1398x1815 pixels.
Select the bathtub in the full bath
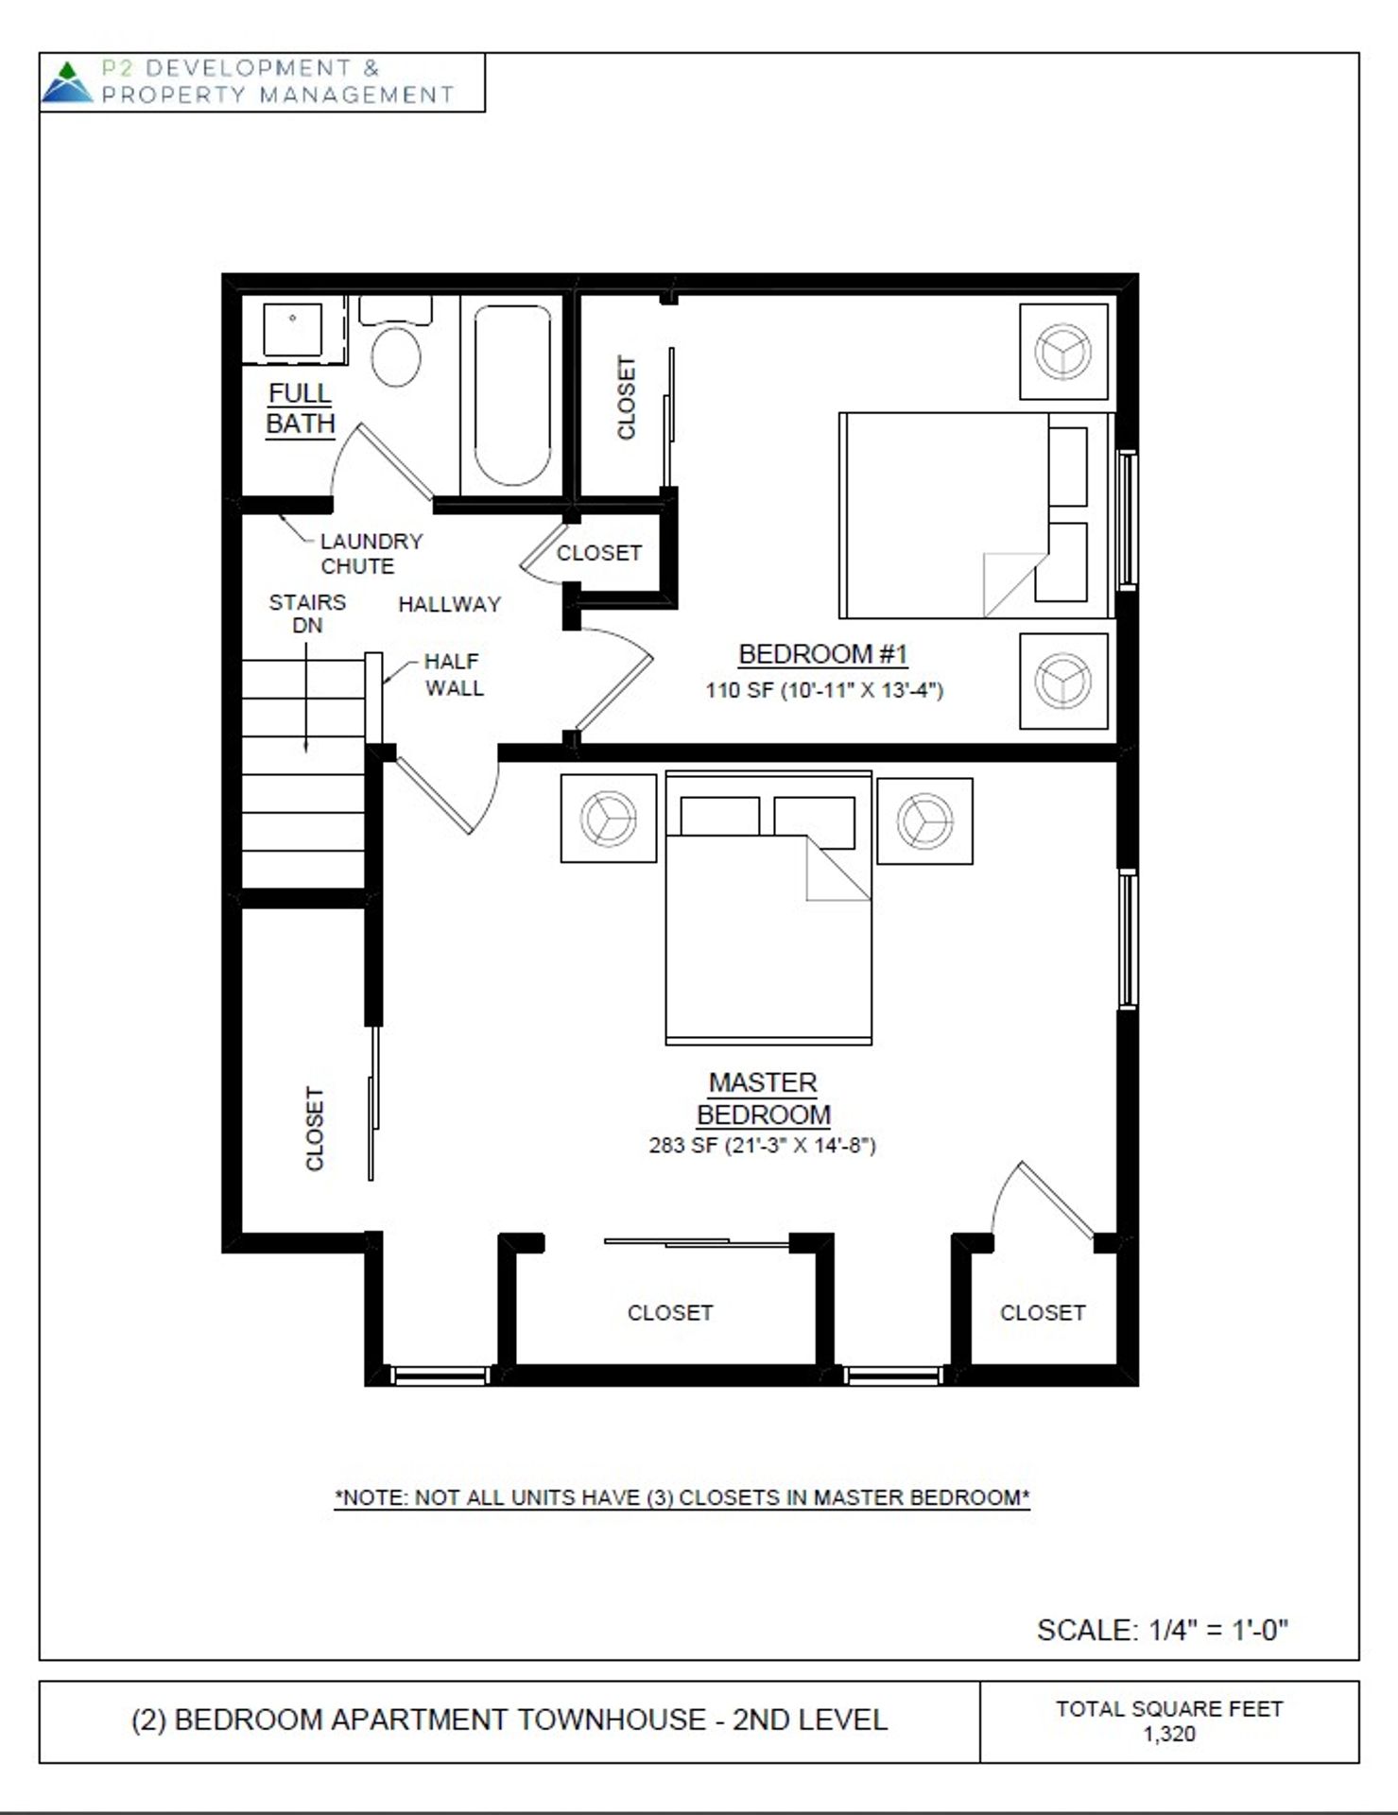(512, 394)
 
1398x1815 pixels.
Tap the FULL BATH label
(301, 408)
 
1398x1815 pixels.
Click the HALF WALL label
(454, 675)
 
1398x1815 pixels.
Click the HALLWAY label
(449, 605)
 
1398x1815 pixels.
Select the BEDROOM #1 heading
(823, 654)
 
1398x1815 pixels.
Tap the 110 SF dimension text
(824, 690)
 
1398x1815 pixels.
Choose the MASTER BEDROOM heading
(764, 1098)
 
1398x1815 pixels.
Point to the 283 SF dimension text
(763, 1146)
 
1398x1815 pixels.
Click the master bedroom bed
(768, 908)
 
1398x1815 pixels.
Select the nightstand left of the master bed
(609, 819)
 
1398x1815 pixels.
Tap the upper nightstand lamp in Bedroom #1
(1063, 352)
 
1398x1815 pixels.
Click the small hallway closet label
(599, 553)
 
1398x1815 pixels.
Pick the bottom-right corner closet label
(1043, 1313)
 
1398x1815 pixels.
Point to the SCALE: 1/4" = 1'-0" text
(1163, 1630)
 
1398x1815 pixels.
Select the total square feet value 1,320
(1169, 1734)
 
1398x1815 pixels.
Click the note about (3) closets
(682, 1497)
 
